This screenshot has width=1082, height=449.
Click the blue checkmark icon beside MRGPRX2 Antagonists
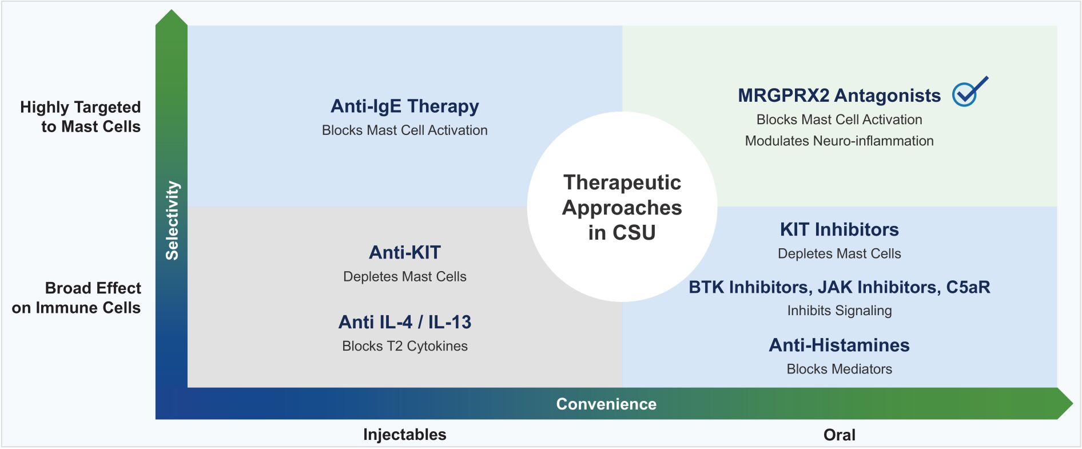(x=968, y=93)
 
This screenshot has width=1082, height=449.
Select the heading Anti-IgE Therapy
(x=404, y=106)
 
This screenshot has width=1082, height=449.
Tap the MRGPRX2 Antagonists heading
(x=838, y=96)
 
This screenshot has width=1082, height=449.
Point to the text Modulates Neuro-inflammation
(x=839, y=141)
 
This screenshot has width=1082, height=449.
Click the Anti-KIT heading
(x=404, y=252)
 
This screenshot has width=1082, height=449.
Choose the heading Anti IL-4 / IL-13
(x=404, y=322)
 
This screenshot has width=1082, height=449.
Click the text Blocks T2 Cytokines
(x=404, y=346)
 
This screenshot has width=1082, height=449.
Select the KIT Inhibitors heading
(x=839, y=229)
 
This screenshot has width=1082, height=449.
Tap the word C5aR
(x=968, y=287)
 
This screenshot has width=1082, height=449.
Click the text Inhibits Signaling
(x=839, y=311)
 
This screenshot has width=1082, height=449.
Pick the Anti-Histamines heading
(x=839, y=345)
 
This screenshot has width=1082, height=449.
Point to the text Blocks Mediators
(x=839, y=369)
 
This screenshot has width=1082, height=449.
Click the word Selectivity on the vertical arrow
(x=172, y=220)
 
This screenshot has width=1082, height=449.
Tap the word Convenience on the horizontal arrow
(x=606, y=404)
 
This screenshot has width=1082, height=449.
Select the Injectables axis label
(x=404, y=435)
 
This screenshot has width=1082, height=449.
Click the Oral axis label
(x=839, y=435)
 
